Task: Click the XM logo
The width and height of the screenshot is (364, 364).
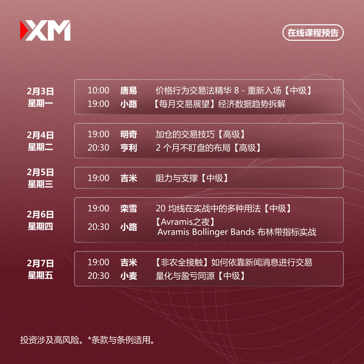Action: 45,30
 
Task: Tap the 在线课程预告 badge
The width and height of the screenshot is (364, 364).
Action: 313,33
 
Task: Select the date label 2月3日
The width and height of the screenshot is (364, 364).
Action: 40,91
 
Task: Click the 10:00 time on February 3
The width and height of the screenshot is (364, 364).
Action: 98,90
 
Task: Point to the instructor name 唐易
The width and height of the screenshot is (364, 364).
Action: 128,90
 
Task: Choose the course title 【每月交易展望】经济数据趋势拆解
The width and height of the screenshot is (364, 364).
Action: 219,104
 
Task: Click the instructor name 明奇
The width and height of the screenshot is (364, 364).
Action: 128,134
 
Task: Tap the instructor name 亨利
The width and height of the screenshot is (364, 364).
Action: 128,148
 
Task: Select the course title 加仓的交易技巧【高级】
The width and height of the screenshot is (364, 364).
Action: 201,134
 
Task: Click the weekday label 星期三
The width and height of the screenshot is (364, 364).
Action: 40,184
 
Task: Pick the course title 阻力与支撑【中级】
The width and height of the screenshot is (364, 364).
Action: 192,178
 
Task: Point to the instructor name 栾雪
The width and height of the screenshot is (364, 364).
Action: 128,208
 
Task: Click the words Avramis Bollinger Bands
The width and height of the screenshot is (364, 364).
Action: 206,232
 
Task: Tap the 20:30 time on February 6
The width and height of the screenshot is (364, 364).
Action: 98,227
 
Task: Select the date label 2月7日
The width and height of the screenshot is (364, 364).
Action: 40,263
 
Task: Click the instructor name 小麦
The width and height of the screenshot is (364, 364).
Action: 128,276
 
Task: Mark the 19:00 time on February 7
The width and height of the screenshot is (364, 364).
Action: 98,262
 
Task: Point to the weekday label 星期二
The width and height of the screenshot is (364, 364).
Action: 40,147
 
